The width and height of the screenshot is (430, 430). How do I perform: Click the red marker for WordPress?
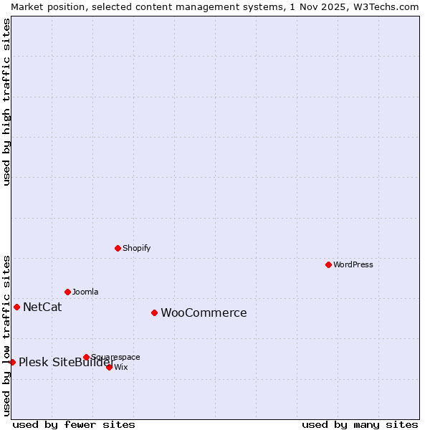click(x=328, y=264)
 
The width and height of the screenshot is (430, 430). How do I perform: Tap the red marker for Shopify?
click(x=118, y=248)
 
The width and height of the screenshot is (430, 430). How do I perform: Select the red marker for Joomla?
click(x=67, y=292)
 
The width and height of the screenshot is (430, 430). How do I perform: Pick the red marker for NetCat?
click(x=16, y=307)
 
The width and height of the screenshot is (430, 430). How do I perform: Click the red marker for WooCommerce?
click(x=154, y=312)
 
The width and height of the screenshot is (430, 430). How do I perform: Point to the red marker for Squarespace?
click(x=86, y=357)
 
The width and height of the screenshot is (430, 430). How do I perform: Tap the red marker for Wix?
click(x=109, y=367)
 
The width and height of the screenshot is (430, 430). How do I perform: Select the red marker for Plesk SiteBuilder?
click(x=12, y=362)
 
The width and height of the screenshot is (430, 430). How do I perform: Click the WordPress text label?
click(x=353, y=264)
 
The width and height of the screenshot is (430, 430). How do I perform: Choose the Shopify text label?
click(x=136, y=248)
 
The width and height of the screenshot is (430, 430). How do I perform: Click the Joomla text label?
click(x=85, y=292)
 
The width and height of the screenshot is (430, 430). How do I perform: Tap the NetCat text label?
click(x=42, y=307)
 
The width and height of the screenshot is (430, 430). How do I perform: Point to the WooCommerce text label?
click(x=204, y=313)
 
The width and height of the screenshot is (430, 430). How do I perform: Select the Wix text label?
click(x=121, y=367)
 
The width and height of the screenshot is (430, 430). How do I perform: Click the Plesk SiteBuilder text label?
click(x=66, y=362)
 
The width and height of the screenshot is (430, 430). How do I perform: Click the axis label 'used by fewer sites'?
click(x=74, y=424)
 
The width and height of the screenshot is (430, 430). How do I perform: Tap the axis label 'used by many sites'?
click(x=360, y=424)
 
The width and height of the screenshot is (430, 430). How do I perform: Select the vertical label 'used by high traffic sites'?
click(x=6, y=102)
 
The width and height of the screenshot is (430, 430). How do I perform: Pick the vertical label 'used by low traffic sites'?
click(x=6, y=335)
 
